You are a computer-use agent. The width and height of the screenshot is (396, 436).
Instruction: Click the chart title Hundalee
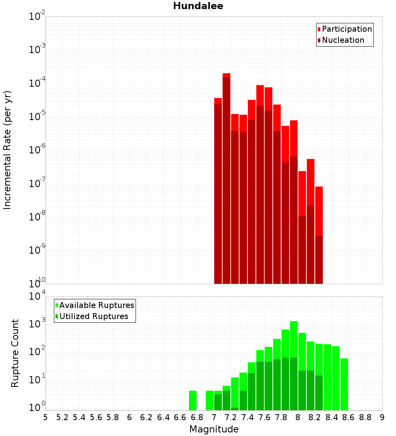[198, 6]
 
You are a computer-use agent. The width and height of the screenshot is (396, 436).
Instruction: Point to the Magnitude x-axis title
[214, 429]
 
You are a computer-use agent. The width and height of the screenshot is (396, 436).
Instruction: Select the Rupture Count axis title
[15, 353]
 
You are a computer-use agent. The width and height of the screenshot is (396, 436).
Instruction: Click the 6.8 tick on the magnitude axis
[197, 417]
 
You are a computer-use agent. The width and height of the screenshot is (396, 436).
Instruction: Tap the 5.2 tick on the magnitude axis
[62, 417]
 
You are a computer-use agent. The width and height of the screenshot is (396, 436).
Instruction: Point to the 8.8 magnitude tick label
[365, 417]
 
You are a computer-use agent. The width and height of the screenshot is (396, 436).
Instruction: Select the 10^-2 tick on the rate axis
[37, 17]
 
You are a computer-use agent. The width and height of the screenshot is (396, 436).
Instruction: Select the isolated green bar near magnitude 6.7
[193, 400]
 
